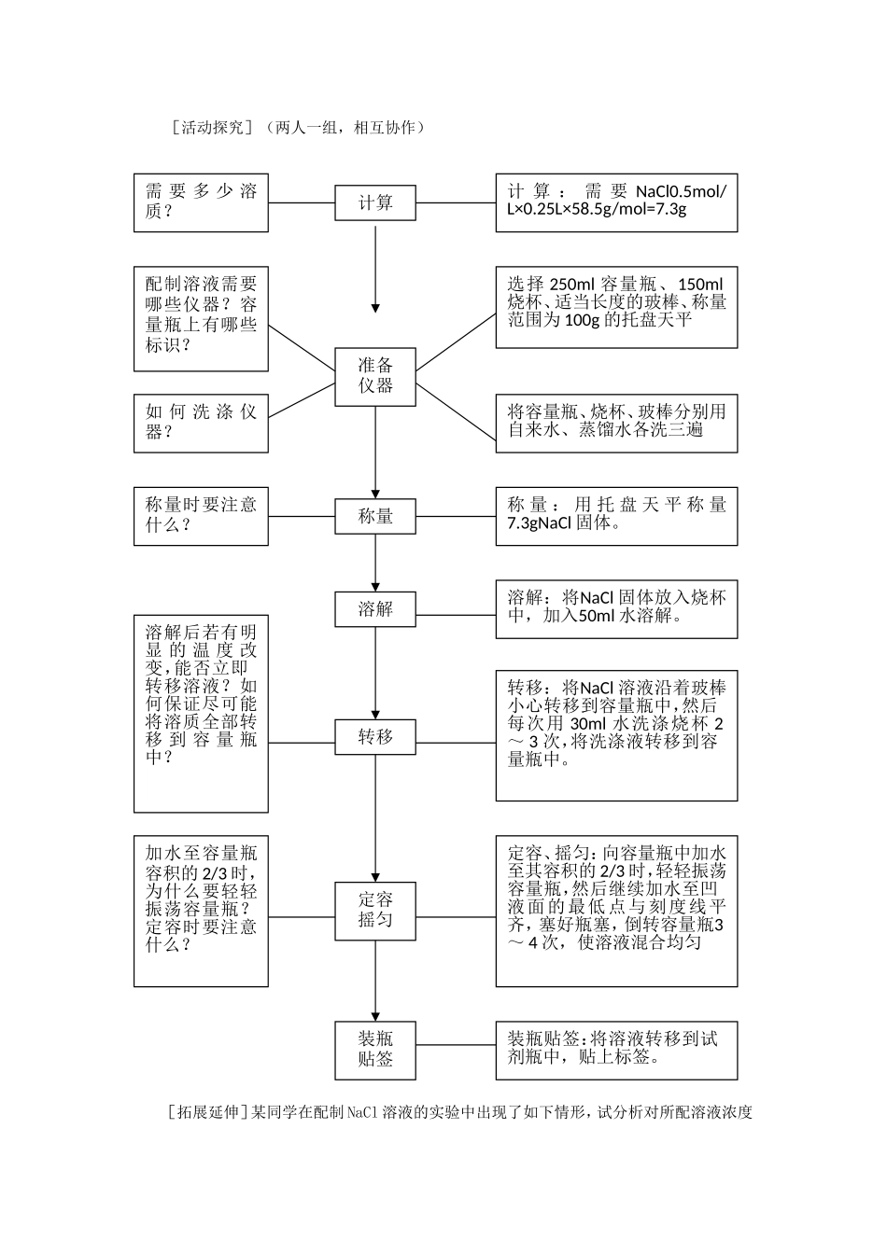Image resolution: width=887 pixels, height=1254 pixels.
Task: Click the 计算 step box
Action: coord(375,202)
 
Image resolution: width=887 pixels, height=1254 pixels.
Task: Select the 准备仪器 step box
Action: coord(375,376)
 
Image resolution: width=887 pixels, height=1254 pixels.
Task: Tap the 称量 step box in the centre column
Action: coord(375,516)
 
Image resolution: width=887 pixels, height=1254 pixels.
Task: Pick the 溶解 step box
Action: coord(375,609)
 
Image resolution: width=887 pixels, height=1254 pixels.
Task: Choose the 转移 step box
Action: coord(375,737)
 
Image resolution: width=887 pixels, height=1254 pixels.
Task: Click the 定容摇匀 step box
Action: coord(375,910)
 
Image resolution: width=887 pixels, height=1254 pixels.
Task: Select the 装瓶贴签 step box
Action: coord(375,1049)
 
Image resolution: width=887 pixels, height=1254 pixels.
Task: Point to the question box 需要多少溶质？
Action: coord(201,202)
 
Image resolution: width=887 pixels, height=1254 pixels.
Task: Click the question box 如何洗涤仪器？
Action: coord(201,422)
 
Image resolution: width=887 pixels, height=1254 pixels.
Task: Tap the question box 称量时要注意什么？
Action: coord(201,515)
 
